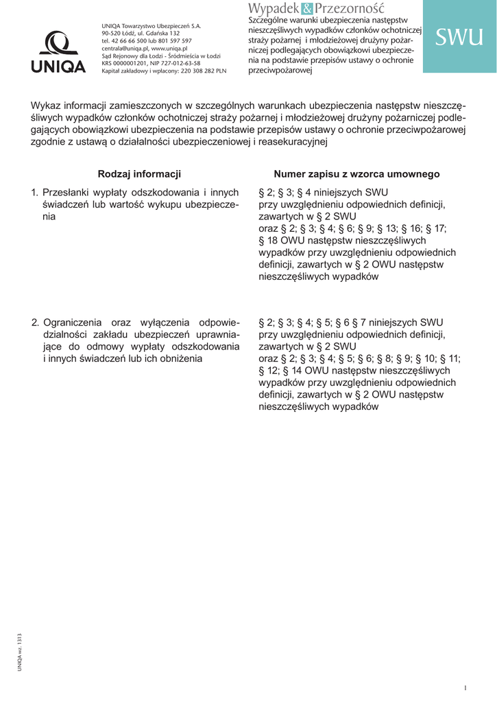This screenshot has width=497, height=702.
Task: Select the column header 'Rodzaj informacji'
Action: coord(139,174)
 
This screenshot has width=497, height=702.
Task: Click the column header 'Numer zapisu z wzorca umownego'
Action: coord(356,174)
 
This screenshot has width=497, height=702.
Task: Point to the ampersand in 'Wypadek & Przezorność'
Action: coord(306,8)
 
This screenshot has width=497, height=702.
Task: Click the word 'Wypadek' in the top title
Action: coord(274,8)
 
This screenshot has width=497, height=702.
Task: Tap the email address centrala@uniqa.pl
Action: coord(125,49)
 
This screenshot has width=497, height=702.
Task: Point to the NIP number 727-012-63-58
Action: coord(178,64)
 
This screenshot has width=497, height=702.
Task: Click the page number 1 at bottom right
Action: coord(465,688)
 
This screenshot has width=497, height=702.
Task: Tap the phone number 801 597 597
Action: coord(175,41)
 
